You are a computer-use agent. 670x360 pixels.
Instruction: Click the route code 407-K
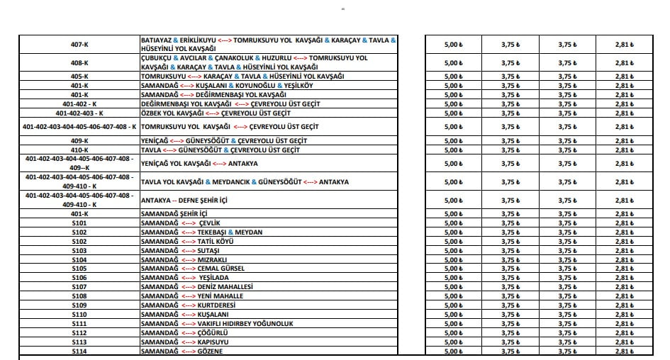(x=79, y=45)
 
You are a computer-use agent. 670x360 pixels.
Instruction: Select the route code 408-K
(x=79, y=62)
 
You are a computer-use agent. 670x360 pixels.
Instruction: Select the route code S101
(x=79, y=223)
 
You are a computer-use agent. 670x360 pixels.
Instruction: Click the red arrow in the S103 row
(x=188, y=251)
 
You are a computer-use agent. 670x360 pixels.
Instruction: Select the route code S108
(x=79, y=296)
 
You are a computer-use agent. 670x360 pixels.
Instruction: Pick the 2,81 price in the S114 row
(x=623, y=351)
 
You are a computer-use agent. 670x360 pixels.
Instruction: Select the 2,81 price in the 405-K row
(x=623, y=76)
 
